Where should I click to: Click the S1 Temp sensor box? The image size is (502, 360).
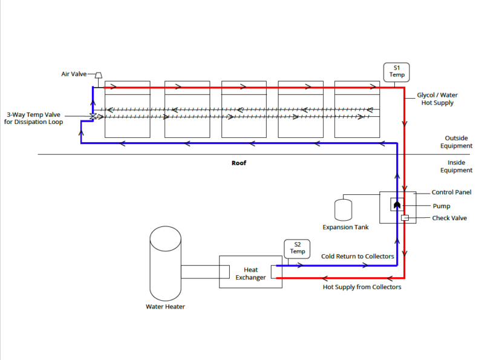coord(397,72)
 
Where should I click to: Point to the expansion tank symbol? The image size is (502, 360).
coord(344,209)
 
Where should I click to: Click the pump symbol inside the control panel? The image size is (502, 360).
coord(397,205)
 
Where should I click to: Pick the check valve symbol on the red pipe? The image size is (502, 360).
coord(405,218)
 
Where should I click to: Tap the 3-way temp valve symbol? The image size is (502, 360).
coord(93,116)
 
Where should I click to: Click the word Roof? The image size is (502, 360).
coord(239,163)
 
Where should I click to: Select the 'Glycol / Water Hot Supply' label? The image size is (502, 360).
coord(437,99)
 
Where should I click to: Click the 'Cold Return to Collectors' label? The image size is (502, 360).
coord(357,257)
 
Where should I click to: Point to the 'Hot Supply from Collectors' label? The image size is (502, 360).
coord(362,287)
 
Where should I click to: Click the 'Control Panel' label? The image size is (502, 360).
coord(451,192)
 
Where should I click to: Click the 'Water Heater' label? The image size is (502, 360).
coord(165,307)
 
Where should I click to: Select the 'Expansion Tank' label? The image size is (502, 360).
coord(345,227)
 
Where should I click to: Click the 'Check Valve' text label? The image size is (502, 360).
coord(449,218)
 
